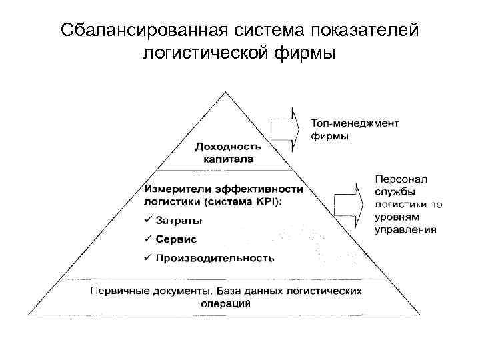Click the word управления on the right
(406, 229)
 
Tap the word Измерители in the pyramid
(177, 188)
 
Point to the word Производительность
(215, 258)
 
